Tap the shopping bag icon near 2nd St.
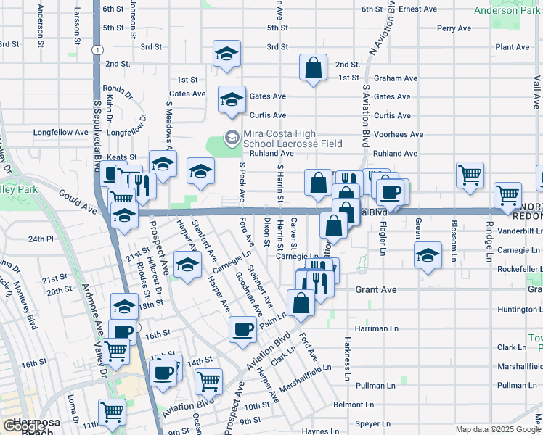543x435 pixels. coord(313,68)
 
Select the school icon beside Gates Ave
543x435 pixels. coord(232,99)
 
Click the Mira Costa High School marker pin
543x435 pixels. coord(232,136)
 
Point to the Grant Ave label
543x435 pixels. coord(375,289)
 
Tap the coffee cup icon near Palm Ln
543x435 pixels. coord(242,329)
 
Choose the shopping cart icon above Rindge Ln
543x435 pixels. coord(507,194)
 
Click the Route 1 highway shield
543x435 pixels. coord(96,49)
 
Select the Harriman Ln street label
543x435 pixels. coord(377,328)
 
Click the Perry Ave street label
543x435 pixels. coord(454,28)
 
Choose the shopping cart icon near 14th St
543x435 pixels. coord(209,380)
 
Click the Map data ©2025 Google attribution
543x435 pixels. coord(499,429)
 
